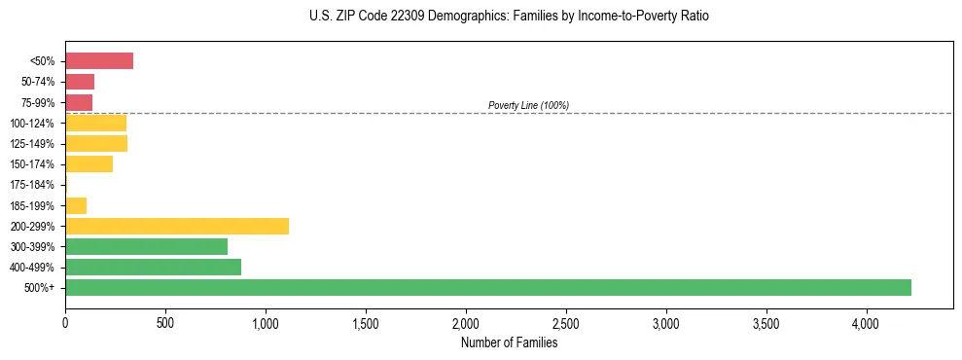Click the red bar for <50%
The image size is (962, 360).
[99, 61]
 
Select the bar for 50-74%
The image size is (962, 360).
[80, 82]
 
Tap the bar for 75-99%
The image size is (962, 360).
[79, 102]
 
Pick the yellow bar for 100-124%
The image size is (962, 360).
[95, 123]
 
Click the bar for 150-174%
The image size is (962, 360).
[89, 164]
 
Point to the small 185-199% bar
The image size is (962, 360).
[76, 205]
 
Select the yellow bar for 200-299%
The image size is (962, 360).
[177, 226]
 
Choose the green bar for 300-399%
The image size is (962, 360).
[146, 246]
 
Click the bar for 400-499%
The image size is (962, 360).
[153, 267]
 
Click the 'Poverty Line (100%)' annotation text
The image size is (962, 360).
[528, 105]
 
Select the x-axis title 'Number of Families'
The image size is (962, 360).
[509, 342]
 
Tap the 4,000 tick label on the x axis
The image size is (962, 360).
[867, 322]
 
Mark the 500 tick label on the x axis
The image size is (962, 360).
[165, 322]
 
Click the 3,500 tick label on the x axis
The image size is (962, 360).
[766, 322]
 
